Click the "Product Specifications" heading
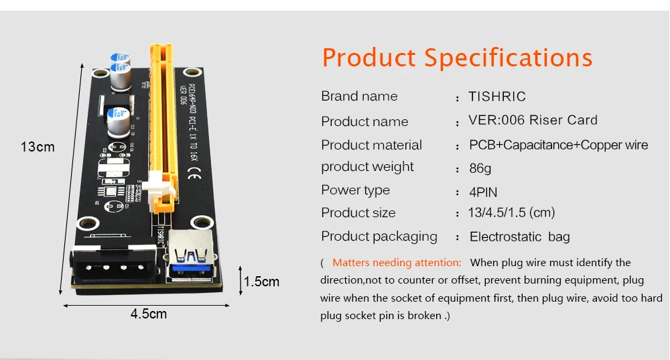tap(457, 58)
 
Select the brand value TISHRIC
tap(497, 97)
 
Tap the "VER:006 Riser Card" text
tap(533, 121)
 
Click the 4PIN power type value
tap(482, 192)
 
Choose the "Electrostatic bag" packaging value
tap(519, 237)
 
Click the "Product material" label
tap(371, 145)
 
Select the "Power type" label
tap(355, 190)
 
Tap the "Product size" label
tap(358, 213)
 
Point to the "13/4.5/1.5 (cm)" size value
tap(511, 213)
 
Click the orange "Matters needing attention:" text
tap(397, 263)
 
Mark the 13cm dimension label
tap(37, 146)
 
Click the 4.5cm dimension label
tap(149, 314)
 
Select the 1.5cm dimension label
tap(261, 282)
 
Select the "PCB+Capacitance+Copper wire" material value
tap(558, 145)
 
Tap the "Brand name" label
tap(359, 97)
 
